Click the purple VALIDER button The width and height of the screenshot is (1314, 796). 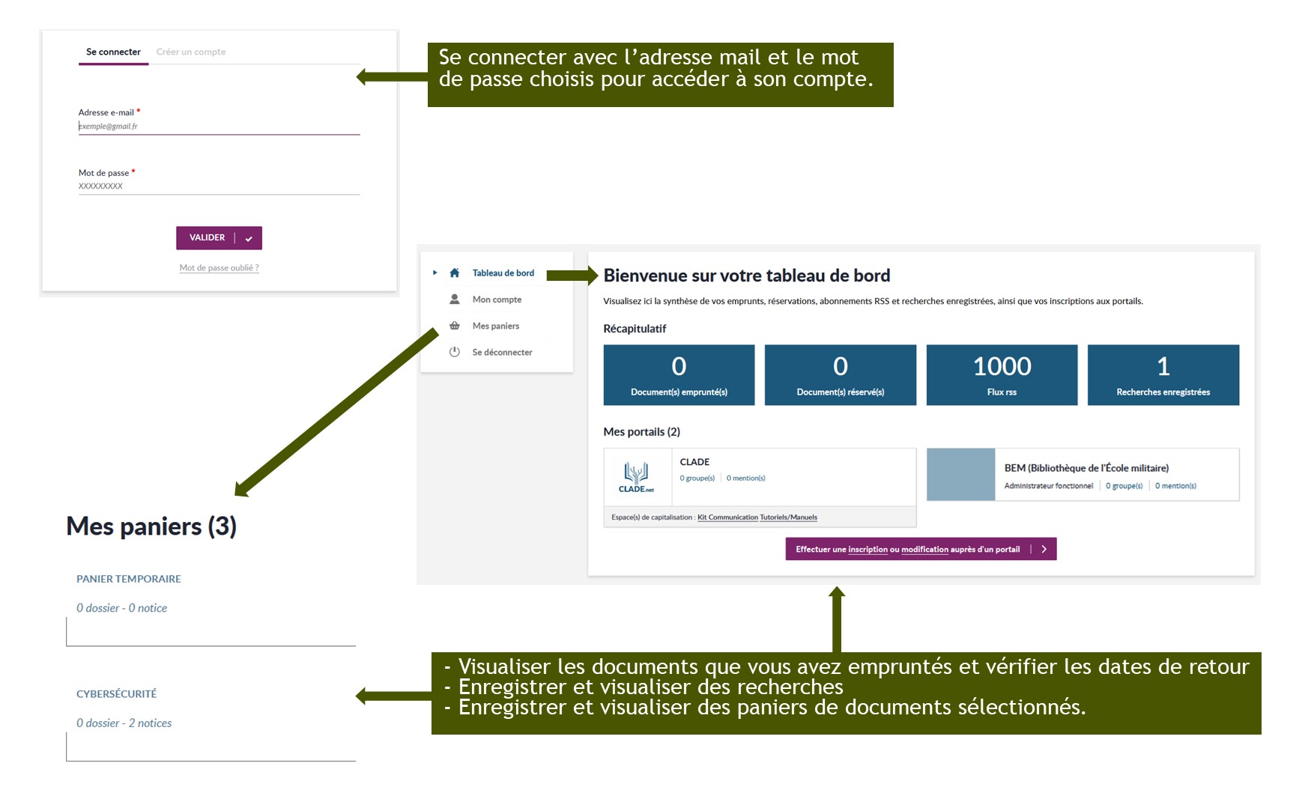click(x=219, y=237)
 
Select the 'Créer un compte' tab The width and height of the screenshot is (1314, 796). click(x=191, y=52)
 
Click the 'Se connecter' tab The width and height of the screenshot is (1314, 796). click(x=113, y=52)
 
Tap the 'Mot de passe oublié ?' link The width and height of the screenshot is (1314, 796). click(x=219, y=267)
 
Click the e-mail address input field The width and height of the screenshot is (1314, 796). click(x=219, y=127)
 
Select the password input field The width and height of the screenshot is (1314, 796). click(x=219, y=186)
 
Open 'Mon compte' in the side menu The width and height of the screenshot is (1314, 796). click(x=497, y=300)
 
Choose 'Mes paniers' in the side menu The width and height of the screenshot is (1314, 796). click(x=496, y=326)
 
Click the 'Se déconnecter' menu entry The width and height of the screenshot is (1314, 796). click(x=502, y=352)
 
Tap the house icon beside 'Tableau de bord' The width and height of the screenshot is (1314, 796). click(x=455, y=273)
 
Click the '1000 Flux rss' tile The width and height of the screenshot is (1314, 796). click(x=1002, y=375)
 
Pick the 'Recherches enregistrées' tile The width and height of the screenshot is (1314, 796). click(x=1163, y=375)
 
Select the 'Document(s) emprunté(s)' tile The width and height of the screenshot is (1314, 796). click(x=679, y=375)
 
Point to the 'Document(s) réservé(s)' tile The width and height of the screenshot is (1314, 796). click(x=841, y=375)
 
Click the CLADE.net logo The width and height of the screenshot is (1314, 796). click(x=636, y=477)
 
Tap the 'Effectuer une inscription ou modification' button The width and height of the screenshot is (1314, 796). click(x=921, y=549)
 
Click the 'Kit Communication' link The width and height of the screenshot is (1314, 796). click(x=727, y=517)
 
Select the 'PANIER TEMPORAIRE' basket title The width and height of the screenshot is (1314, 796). click(x=129, y=579)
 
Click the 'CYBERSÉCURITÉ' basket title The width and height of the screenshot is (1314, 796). click(x=116, y=693)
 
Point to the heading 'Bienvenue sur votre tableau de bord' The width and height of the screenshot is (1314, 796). click(x=747, y=276)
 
